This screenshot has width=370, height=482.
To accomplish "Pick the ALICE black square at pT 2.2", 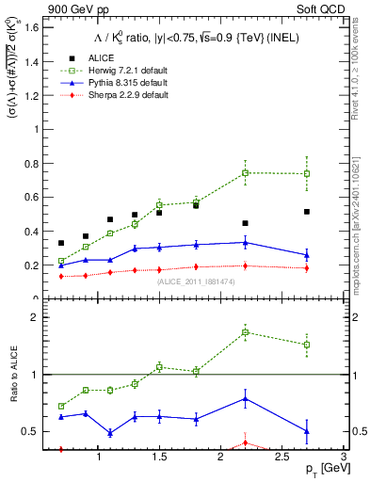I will click(245, 223).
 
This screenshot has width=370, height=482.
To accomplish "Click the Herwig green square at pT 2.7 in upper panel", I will click(306, 173).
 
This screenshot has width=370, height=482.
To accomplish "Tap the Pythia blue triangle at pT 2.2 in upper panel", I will click(245, 242).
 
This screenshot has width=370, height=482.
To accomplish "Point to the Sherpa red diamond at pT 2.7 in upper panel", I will click(306, 268).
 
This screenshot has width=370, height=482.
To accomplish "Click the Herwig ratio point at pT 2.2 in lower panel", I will click(245, 332).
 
